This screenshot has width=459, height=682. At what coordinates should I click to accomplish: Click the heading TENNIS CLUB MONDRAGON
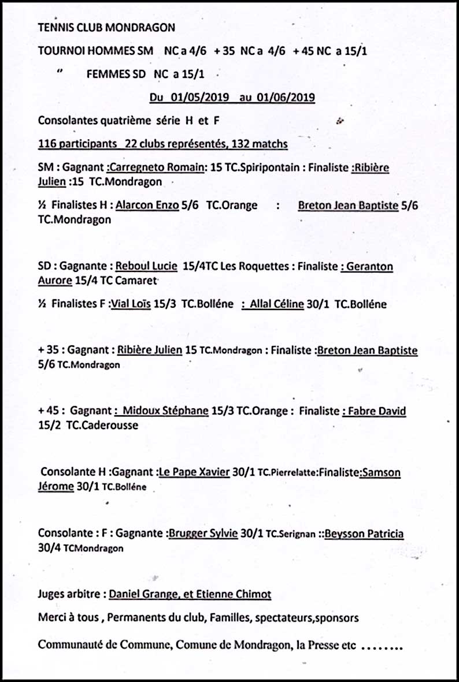click(106, 27)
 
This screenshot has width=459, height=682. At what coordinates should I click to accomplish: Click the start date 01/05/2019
click(196, 98)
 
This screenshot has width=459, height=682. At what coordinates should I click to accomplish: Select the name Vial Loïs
click(131, 304)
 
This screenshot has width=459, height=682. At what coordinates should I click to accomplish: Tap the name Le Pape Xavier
click(194, 472)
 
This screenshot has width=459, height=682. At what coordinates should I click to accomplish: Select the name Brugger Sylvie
click(203, 534)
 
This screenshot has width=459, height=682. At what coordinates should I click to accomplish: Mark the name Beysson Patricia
click(364, 534)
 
